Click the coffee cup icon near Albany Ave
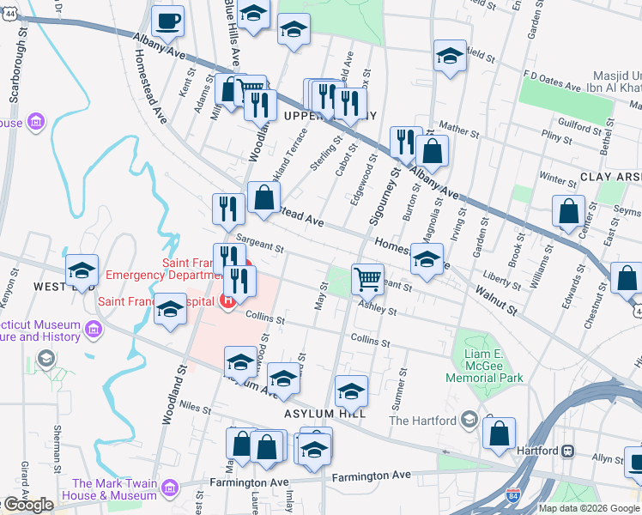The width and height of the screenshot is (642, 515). [168, 21]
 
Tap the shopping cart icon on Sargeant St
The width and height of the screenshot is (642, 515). [367, 277]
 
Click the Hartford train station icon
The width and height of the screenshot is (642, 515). [567, 450]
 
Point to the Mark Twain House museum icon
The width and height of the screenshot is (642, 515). [170, 488]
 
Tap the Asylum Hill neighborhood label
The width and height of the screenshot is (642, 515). [325, 413]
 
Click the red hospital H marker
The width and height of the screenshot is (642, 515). [227, 300]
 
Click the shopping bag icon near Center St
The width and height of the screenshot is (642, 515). [569, 210]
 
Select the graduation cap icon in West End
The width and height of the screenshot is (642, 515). [82, 270]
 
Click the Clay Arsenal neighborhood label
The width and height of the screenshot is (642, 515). [609, 176]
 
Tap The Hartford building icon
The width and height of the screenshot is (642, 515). [469, 419]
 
